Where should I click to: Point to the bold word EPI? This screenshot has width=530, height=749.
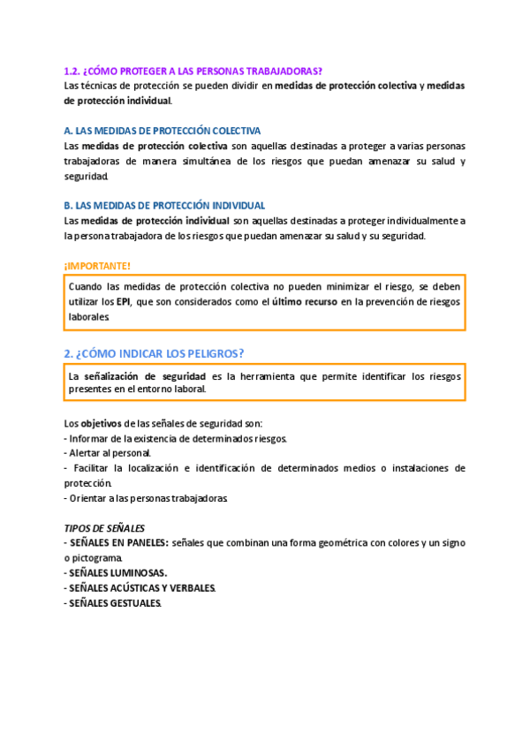click(123, 301)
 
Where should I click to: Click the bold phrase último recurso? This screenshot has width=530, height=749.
click(309, 301)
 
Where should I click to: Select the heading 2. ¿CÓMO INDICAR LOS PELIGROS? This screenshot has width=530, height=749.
click(154, 353)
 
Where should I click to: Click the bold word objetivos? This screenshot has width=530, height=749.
click(101, 423)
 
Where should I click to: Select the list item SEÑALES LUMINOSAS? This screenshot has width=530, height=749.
click(117, 572)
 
